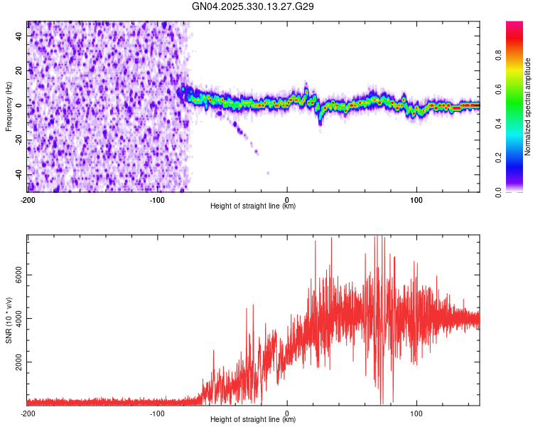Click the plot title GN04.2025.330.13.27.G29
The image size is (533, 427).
(x=254, y=6)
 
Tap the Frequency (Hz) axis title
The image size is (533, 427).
(x=9, y=106)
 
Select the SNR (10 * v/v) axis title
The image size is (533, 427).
(x=9, y=320)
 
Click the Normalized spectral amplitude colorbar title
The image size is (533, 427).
(x=528, y=106)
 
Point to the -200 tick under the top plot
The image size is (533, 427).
(x=27, y=199)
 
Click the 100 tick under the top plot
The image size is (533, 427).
(x=416, y=199)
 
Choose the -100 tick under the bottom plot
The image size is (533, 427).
(x=157, y=413)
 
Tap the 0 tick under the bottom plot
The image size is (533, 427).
(x=287, y=413)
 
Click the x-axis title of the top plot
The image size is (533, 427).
(x=253, y=206)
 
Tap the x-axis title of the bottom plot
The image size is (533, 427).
(x=253, y=420)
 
